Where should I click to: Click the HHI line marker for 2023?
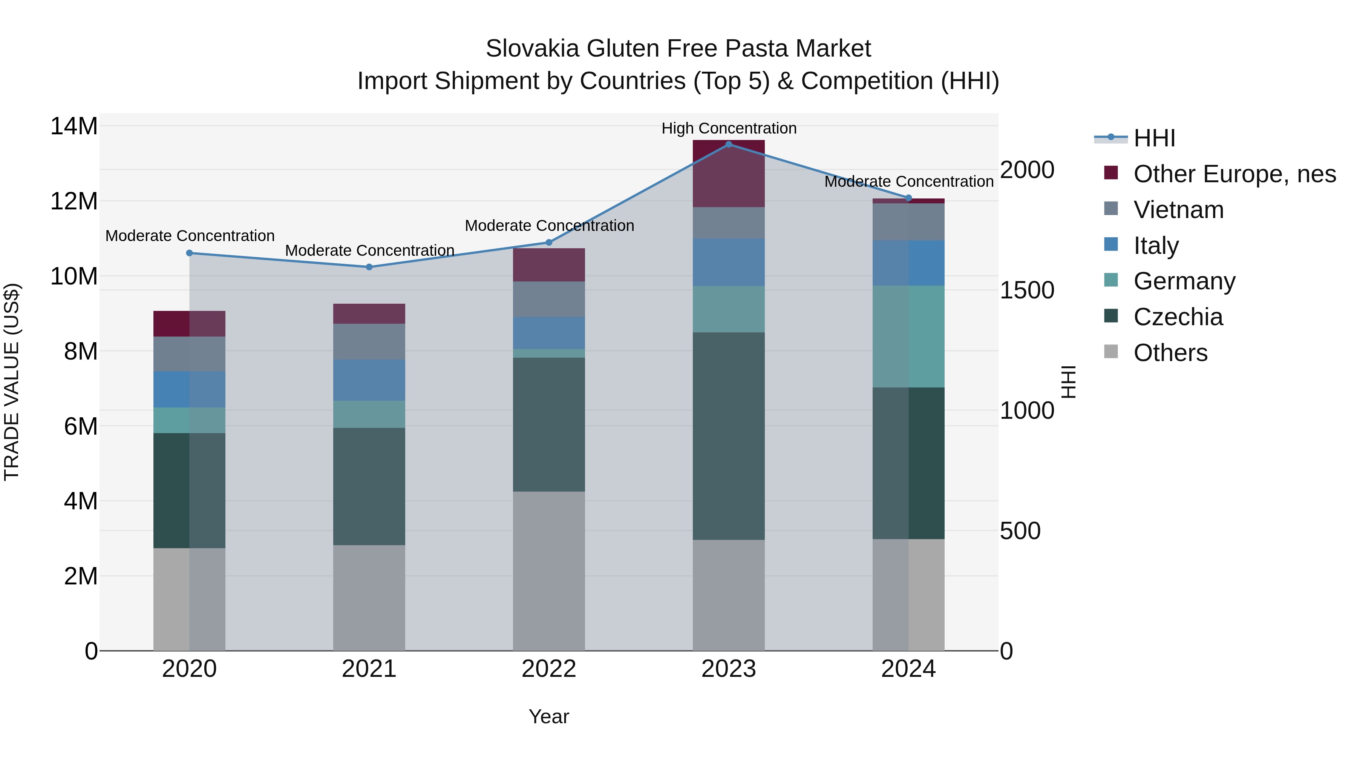click(x=729, y=144)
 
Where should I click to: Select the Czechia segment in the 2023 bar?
click(x=729, y=435)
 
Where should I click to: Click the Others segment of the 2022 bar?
click(x=548, y=571)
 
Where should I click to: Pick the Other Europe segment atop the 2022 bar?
click(x=548, y=265)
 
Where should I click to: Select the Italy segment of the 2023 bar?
click(x=729, y=262)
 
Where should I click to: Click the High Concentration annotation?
click(x=729, y=128)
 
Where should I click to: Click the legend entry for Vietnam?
click(x=1178, y=210)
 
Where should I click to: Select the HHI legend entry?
click(x=1154, y=138)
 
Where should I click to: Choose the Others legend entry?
click(x=1170, y=353)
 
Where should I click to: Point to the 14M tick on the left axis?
click(x=74, y=126)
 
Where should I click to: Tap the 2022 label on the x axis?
click(x=548, y=669)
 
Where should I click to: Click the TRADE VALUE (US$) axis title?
click(x=12, y=382)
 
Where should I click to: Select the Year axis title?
click(x=548, y=716)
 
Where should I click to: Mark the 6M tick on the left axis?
click(x=81, y=426)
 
